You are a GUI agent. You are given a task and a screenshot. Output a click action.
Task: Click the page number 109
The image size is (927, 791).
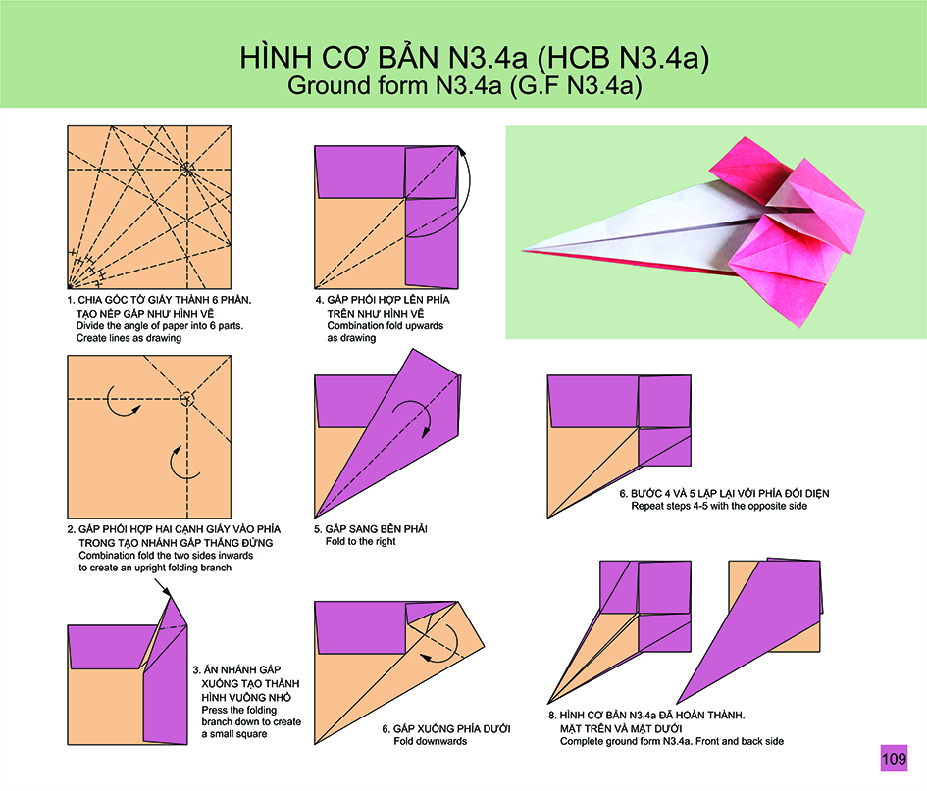894,758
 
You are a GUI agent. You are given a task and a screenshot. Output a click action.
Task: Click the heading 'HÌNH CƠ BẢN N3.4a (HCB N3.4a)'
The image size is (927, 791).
474,57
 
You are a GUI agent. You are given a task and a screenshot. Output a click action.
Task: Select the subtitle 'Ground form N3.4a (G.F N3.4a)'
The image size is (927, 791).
465,85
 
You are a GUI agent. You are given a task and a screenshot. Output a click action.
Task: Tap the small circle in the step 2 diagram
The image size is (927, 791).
186,399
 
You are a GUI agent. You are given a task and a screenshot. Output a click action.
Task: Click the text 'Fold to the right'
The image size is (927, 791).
360,542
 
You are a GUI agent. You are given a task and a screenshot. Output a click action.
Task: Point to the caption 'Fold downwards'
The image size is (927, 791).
431,741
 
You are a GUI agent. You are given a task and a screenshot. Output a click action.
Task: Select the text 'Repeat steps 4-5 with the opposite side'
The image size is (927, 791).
719,507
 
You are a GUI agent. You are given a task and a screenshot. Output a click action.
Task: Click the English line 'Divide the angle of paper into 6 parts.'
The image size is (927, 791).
160,326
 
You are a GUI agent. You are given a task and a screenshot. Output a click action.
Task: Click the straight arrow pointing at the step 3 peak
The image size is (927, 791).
163,588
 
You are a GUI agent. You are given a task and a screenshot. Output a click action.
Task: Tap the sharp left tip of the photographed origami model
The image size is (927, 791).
522,251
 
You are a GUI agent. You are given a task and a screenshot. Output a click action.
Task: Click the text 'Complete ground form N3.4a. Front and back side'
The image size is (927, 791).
672,741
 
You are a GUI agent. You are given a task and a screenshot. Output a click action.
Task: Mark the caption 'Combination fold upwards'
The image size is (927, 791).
385,326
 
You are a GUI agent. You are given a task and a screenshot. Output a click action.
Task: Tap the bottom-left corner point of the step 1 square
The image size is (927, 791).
68,288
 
